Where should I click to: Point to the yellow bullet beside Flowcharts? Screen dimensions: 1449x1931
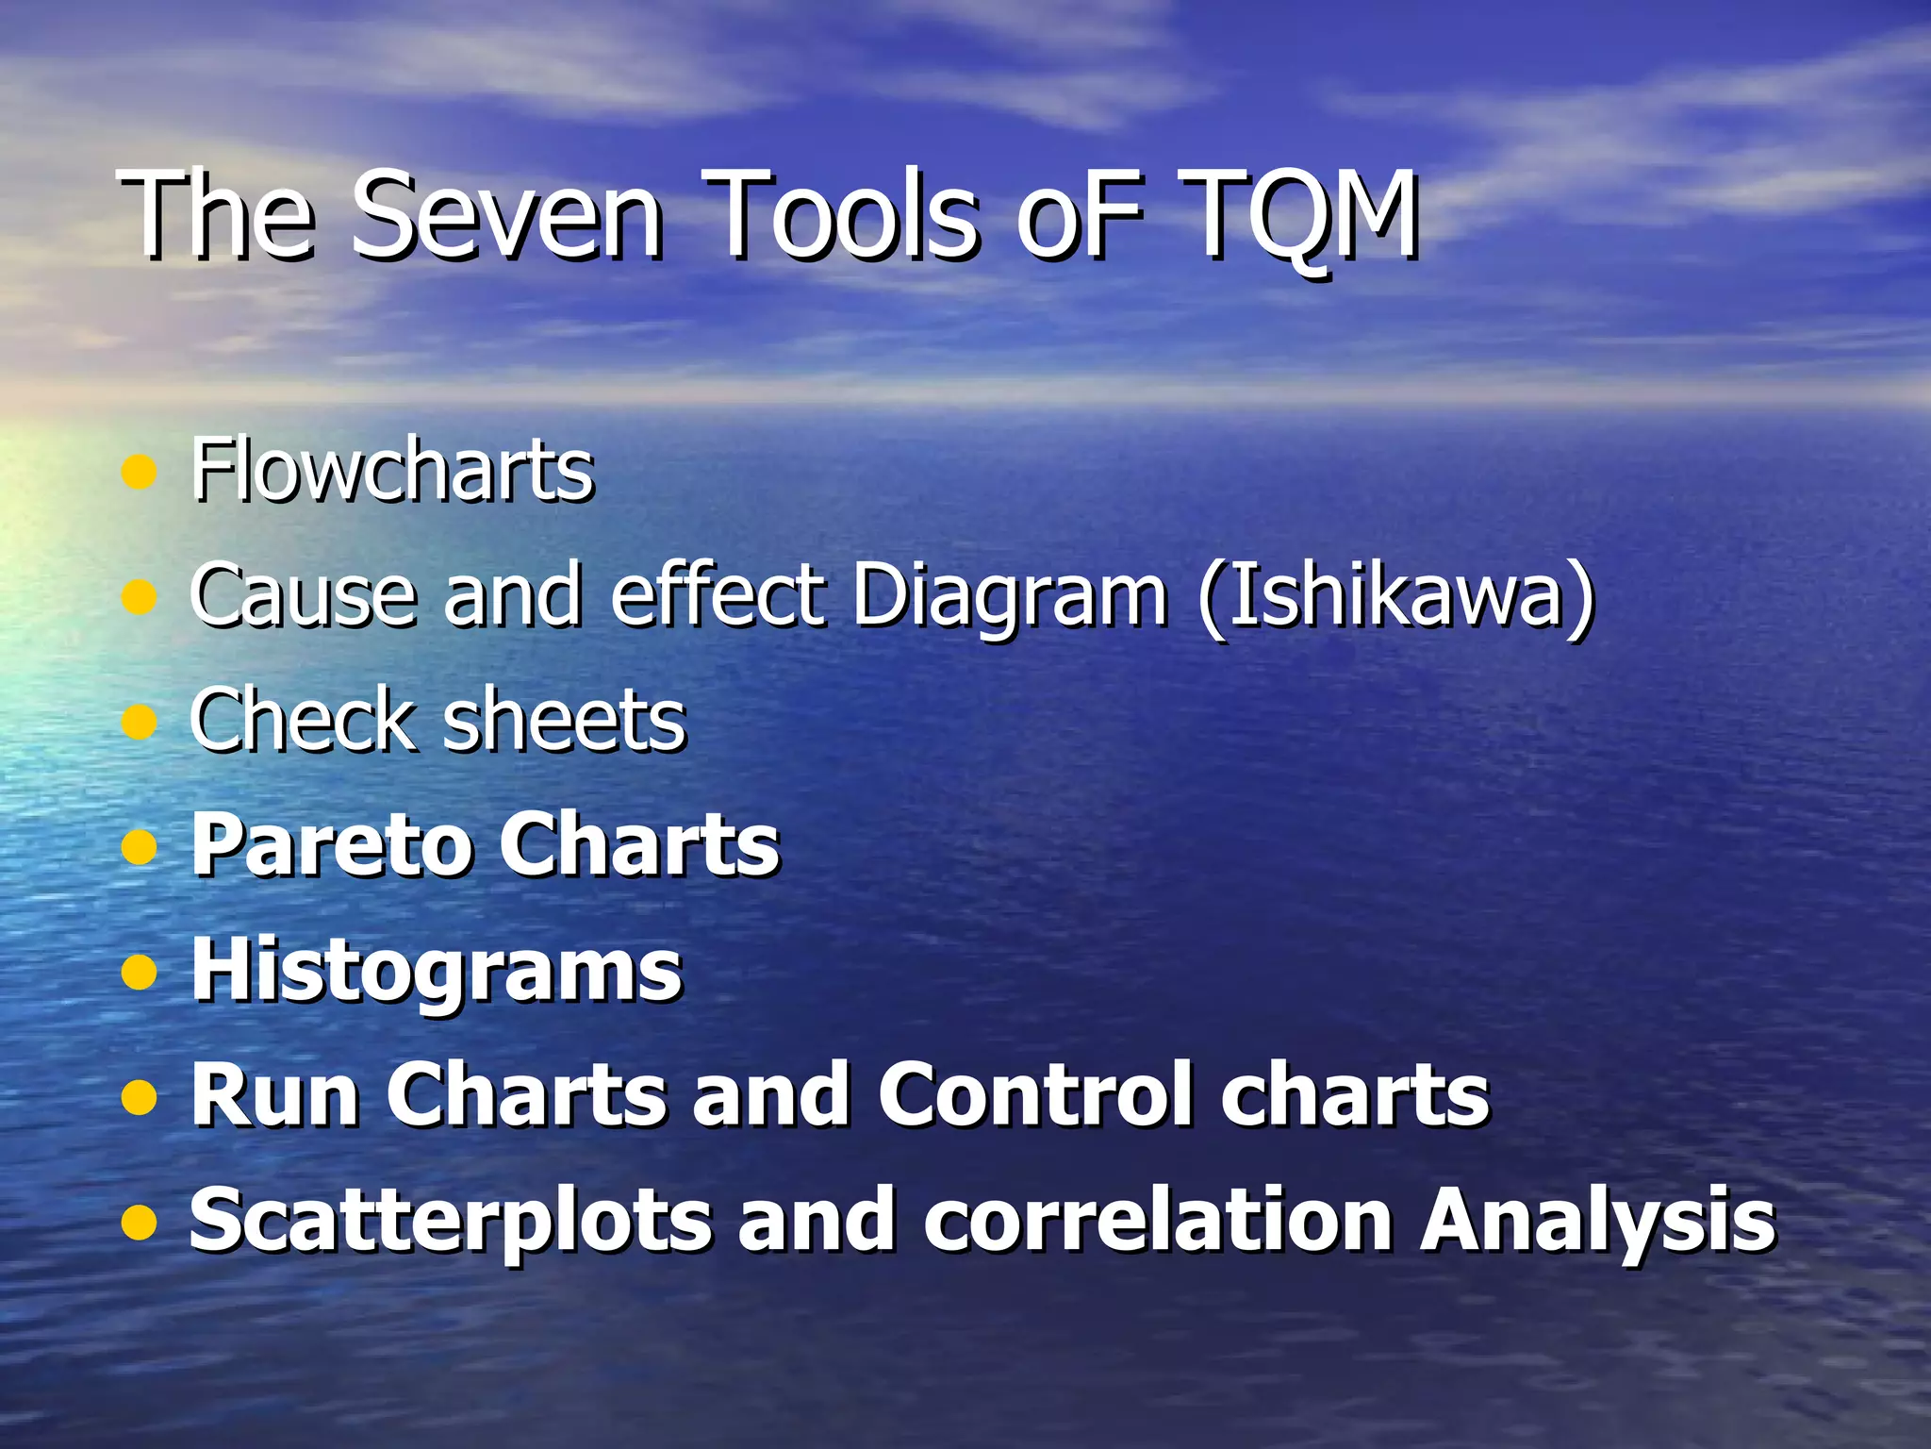click(x=139, y=471)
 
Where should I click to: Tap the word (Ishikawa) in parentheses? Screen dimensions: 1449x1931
click(x=1396, y=596)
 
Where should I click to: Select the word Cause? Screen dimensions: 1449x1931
click(x=303, y=596)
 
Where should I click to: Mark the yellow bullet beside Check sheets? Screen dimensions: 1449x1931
click(x=139, y=722)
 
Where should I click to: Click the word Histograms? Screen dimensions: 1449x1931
click(x=437, y=972)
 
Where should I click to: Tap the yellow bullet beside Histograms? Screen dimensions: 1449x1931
click(x=139, y=972)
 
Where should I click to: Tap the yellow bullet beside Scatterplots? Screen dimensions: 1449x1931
click(x=139, y=1222)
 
